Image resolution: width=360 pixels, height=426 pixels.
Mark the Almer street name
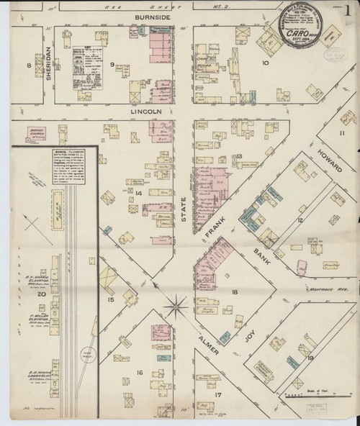point(210,334)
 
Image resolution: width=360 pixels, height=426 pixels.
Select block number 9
point(112,65)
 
